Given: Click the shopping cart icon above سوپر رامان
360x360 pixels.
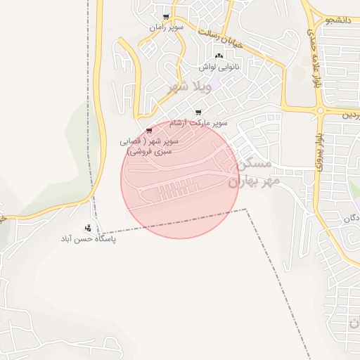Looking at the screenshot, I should (166, 17).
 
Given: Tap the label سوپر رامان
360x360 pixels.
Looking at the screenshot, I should (166, 27).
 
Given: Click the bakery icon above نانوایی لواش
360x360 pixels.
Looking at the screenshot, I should (219, 56).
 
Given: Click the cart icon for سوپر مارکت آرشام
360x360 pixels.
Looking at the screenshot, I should (198, 112).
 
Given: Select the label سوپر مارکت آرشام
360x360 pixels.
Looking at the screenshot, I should (202, 123).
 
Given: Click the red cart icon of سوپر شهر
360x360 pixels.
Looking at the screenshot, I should (149, 131).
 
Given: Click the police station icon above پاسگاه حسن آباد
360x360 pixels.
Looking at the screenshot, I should (88, 228).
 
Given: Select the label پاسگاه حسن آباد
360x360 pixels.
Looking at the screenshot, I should (88, 239).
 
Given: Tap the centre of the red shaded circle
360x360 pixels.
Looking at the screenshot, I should (180, 179).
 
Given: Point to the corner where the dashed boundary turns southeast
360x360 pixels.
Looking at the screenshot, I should (247, 209).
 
